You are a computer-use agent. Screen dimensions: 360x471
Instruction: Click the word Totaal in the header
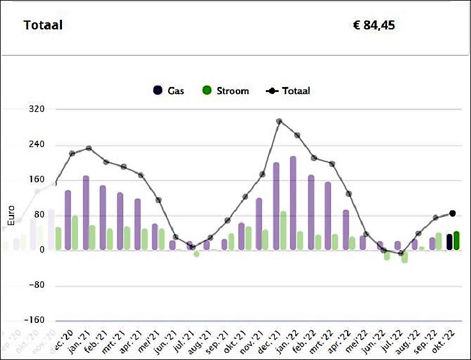43,26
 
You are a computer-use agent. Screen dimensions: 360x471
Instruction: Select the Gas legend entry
169,91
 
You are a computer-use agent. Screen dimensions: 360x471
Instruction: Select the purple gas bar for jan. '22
293,203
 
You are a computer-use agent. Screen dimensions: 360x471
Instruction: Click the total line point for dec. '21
279,121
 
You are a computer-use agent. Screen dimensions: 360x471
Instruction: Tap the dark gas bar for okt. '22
449,242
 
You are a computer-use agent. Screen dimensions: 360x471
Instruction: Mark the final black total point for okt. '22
452,214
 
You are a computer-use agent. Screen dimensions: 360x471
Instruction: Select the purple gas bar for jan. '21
86,212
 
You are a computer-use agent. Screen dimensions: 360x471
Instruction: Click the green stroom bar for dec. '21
283,230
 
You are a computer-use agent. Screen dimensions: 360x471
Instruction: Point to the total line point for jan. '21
89,148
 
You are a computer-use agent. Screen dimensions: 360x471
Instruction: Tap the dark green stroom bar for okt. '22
456,240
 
